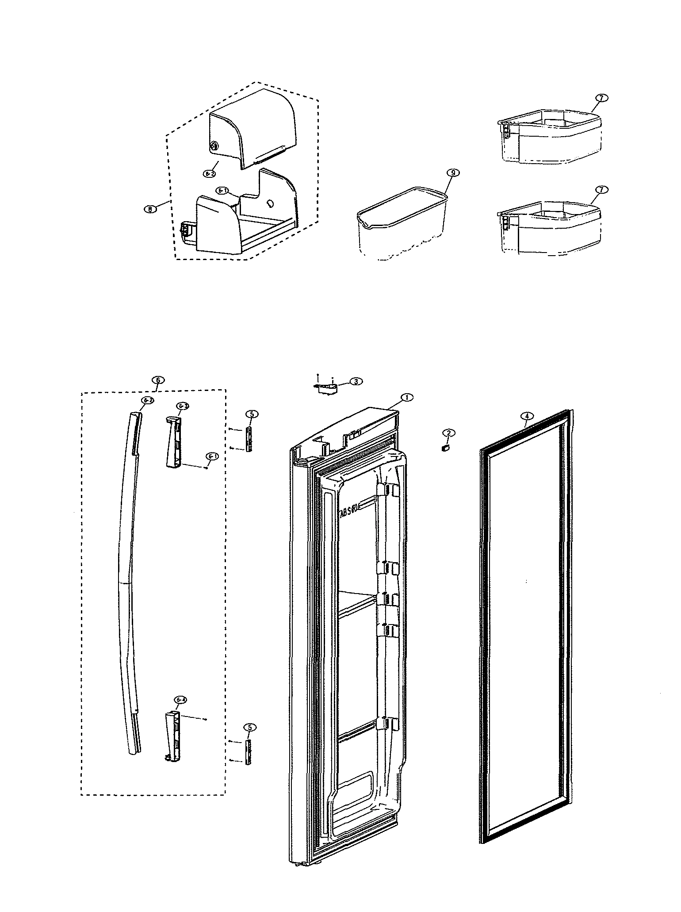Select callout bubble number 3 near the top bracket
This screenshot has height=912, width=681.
pyautogui.click(x=356, y=381)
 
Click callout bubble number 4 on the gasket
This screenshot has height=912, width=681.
pyautogui.click(x=527, y=416)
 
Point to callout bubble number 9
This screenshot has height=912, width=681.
pyautogui.click(x=453, y=173)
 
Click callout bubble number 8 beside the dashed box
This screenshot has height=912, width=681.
pyautogui.click(x=151, y=209)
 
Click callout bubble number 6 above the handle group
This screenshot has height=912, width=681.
pyautogui.click(x=158, y=380)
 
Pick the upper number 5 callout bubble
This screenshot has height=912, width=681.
pyautogui.click(x=251, y=414)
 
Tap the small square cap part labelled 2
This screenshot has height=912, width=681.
pyautogui.click(x=445, y=448)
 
